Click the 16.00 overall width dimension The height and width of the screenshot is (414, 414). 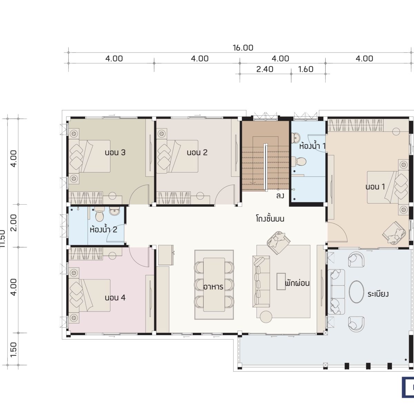(x=243, y=48)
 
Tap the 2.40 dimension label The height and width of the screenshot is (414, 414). (x=265, y=69)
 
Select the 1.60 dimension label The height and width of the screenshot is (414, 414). (x=306, y=69)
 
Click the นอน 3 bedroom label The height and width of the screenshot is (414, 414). (x=115, y=152)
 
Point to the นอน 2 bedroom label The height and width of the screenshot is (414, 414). (x=197, y=152)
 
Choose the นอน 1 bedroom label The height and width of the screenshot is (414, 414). (x=375, y=187)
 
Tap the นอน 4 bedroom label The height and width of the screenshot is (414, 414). (x=115, y=297)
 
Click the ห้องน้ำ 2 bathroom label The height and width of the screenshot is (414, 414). (x=103, y=229)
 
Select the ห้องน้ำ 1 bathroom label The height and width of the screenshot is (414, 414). (x=312, y=146)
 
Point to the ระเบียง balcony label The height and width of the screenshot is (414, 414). (x=378, y=294)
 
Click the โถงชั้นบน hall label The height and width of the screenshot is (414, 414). (x=270, y=218)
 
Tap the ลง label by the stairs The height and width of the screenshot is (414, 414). (x=280, y=196)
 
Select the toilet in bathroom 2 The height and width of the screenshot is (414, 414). (x=100, y=216)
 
